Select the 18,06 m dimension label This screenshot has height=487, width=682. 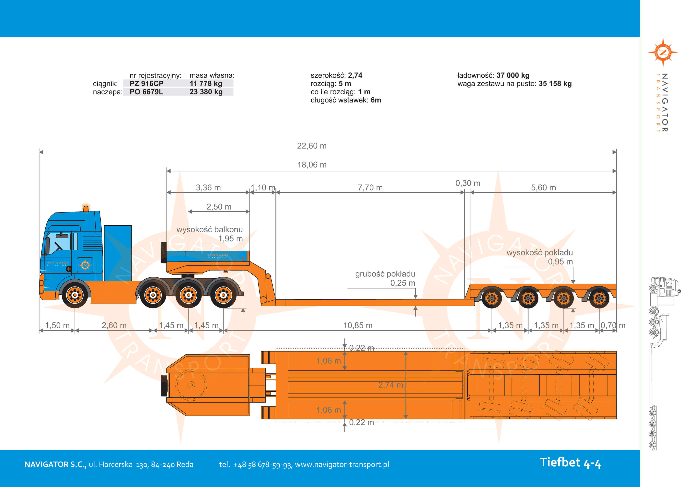(x=312, y=165)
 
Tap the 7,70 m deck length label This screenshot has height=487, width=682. (x=370, y=188)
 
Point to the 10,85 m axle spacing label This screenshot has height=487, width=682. (x=358, y=325)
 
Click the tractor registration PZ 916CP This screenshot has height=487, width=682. (x=146, y=83)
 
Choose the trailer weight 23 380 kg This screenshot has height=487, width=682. (x=206, y=92)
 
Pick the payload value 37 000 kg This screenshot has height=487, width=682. (x=513, y=75)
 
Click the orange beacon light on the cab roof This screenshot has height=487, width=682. (x=86, y=208)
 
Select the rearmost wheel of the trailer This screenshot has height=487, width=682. (x=599, y=298)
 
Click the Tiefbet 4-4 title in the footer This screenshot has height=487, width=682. (x=570, y=463)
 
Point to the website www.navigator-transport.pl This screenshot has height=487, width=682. (x=342, y=464)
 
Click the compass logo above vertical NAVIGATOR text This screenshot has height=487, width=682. (x=663, y=52)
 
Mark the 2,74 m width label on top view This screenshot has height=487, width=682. (x=390, y=385)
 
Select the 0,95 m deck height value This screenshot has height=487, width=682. (x=560, y=262)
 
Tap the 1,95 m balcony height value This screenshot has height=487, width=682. (x=230, y=239)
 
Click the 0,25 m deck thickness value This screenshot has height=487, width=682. (x=403, y=283)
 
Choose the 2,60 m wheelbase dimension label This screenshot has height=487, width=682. (x=114, y=325)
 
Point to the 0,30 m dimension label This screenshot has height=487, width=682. (x=468, y=183)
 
